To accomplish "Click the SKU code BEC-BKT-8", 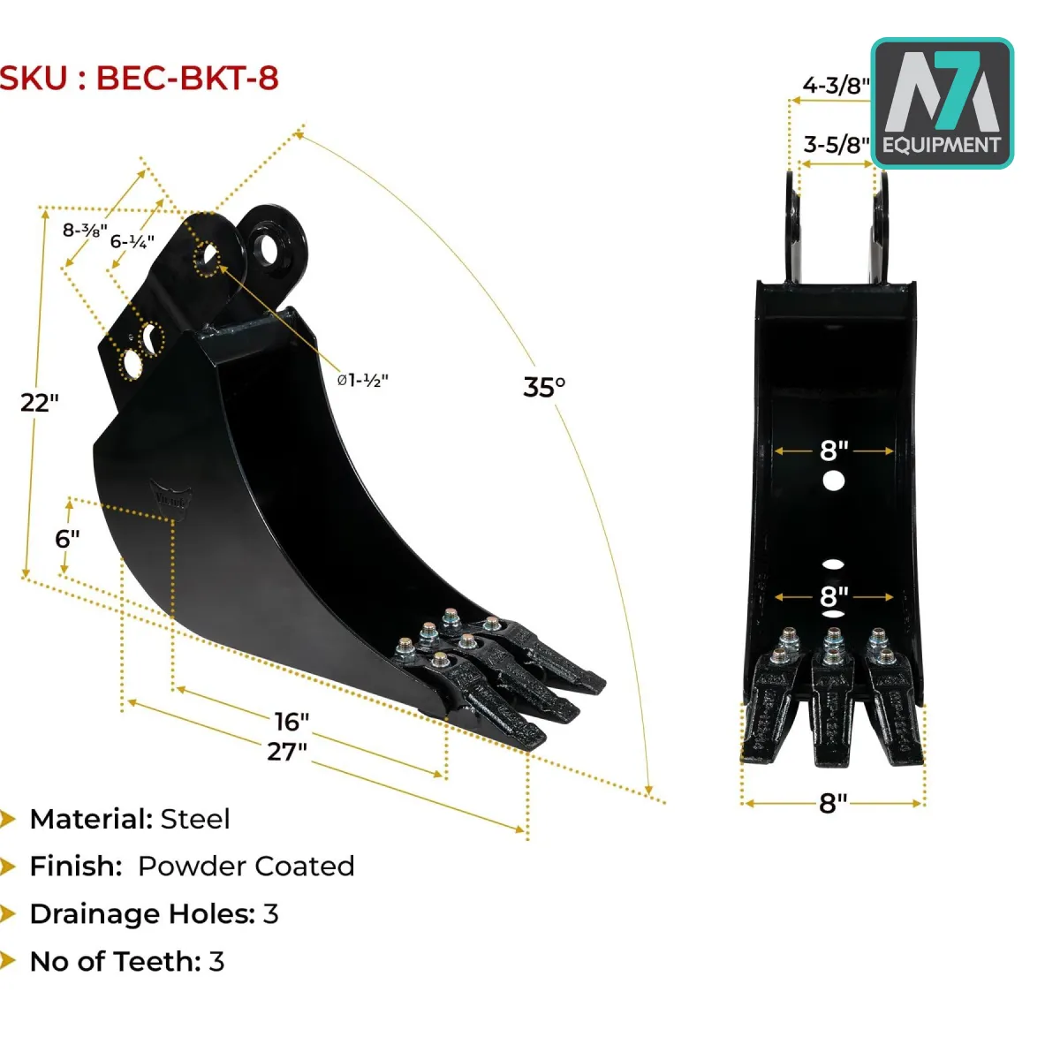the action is tap(187, 78).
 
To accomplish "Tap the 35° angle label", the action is tap(544, 387).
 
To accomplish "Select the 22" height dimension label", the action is tap(39, 403).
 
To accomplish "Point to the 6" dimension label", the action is tap(67, 539).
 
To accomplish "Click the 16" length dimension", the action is tap(291, 721).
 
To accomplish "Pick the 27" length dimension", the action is tap(286, 751).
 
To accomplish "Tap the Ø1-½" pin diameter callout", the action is tap(363, 380).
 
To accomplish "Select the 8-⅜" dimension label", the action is tap(85, 230).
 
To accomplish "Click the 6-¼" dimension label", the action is tap(132, 241).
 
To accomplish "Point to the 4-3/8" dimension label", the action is tap(836, 86).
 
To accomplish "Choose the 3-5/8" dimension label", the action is tap(837, 145).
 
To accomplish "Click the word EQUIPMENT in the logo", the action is tap(941, 145).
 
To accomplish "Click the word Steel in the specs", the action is tap(195, 819).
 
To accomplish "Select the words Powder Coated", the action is tap(246, 867).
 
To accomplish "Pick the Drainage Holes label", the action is tap(142, 913).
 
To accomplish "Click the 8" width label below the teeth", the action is tap(833, 803).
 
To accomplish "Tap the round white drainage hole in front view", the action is tap(833, 481).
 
